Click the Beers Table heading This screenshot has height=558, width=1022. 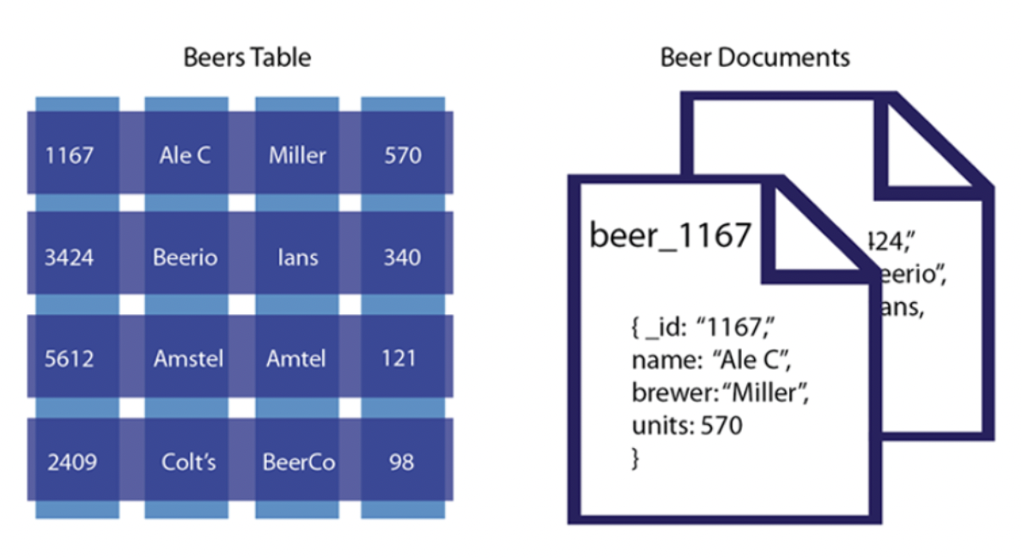[247, 58]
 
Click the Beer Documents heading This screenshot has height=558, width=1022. [755, 58]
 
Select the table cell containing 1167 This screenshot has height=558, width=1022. [70, 155]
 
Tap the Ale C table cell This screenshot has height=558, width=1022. [185, 155]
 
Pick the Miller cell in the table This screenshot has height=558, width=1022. [297, 155]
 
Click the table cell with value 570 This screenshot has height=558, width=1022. [403, 155]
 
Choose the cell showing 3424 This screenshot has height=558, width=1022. [70, 257]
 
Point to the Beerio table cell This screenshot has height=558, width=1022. [185, 257]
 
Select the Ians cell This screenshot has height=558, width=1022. [297, 257]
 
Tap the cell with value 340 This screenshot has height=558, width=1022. [403, 257]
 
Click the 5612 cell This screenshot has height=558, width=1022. [70, 358]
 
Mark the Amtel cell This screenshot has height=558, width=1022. [297, 358]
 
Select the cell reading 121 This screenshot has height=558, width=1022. [403, 358]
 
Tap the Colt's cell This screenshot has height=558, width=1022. [188, 462]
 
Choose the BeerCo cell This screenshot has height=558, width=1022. [298, 462]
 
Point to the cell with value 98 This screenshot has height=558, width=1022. [403, 462]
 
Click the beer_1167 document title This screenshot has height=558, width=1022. [671, 234]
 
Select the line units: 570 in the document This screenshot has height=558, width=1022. [686, 424]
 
